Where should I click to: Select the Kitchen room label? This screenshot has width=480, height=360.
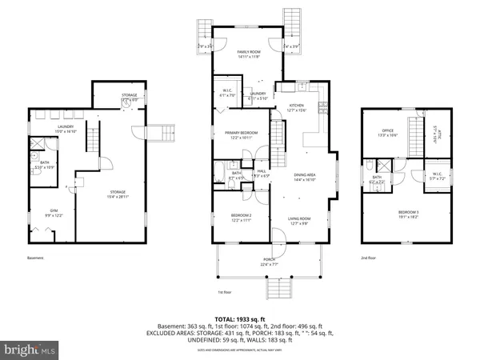click(x=297, y=108)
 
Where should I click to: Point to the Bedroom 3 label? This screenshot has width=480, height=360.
click(x=408, y=214)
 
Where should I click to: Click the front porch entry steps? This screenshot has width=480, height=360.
click(x=279, y=287)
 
